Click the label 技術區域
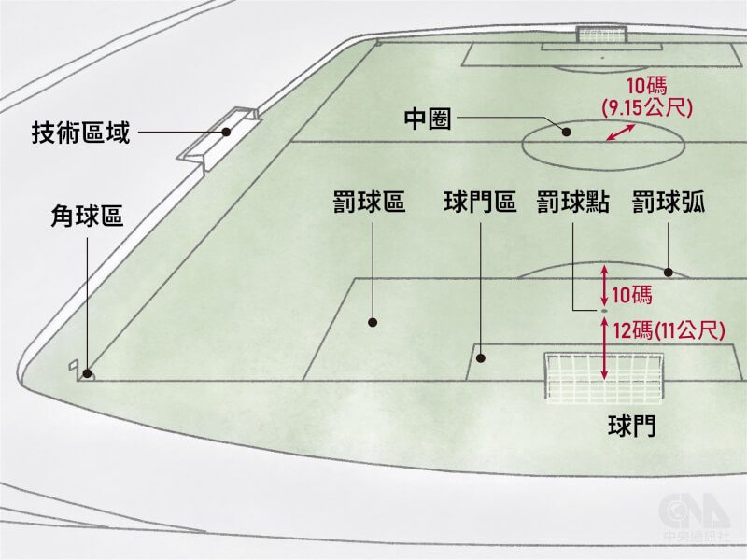click(80, 133)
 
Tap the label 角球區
click(87, 217)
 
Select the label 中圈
click(428, 119)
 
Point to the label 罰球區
click(369, 202)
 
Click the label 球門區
click(480, 202)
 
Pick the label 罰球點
click(573, 202)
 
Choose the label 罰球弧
click(669, 202)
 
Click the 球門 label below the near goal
click(632, 426)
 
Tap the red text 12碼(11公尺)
click(669, 330)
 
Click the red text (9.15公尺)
click(647, 108)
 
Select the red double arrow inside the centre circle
click(620, 133)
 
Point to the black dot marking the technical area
click(227, 132)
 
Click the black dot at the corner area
click(87, 374)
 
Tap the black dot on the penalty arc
click(669, 273)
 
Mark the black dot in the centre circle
click(567, 132)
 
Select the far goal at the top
click(601, 35)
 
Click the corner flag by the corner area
click(75, 368)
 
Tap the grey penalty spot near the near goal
click(604, 311)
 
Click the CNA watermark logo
click(696, 516)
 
